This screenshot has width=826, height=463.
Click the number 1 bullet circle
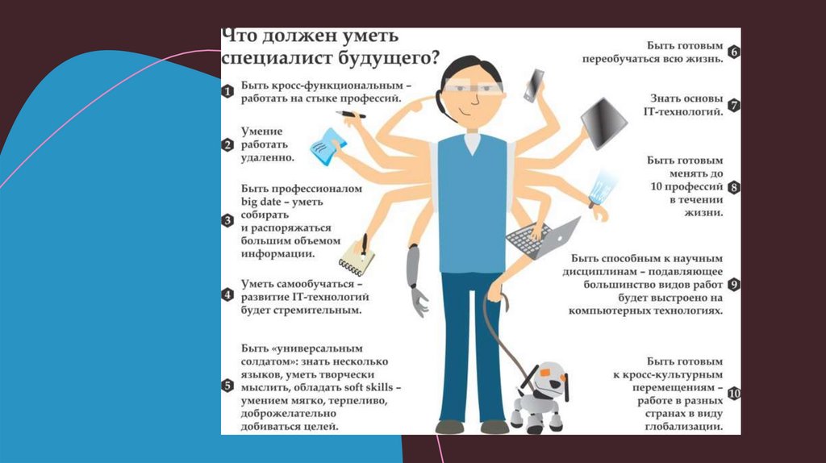pos(227,92)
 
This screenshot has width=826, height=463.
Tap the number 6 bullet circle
pos(733,52)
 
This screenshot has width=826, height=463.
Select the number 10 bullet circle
pos(733,394)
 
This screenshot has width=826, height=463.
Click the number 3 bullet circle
pos(227,221)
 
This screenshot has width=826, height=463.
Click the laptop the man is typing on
pos(543,238)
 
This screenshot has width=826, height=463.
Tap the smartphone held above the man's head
pos(534,86)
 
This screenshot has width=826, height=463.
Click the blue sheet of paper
pos(329,147)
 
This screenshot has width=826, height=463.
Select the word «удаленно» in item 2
pos(268,157)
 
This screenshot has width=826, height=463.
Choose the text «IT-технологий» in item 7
pos(683,111)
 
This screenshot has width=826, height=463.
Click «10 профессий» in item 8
pos(686,186)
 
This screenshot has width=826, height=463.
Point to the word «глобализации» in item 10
pos(684,427)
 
